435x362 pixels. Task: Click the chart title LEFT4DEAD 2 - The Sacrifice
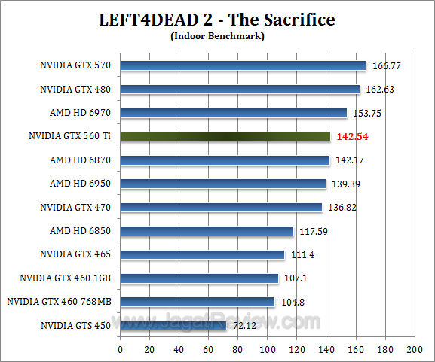217,19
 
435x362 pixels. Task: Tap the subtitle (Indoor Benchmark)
217,35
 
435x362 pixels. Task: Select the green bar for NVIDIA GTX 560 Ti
225,136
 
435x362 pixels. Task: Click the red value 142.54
351,137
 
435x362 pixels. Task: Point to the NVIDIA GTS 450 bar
173,325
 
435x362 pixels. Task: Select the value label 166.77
386,66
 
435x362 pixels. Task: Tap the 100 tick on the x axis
267,349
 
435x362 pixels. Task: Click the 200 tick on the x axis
414,349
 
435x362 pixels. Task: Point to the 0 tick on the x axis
120,349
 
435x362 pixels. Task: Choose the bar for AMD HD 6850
206,231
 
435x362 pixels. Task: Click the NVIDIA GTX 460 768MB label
59,302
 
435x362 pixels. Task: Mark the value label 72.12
244,326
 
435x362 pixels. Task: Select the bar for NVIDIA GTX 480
240,90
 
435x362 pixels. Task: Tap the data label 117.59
312,232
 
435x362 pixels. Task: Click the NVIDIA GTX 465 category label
75,254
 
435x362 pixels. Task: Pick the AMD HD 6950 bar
222,184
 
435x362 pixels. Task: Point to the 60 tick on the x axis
208,349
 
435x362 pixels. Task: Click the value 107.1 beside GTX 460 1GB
294,278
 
